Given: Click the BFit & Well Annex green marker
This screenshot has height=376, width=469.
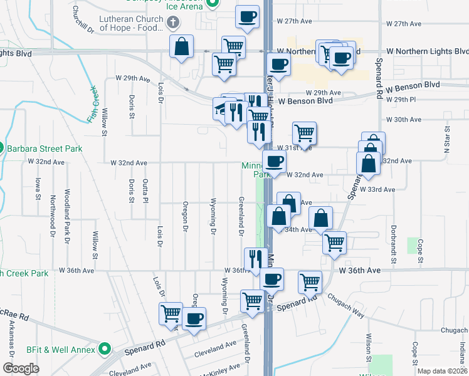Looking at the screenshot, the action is pyautogui.click(x=105, y=348).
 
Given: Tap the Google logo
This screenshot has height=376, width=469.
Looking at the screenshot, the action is pyautogui.click(x=21, y=368).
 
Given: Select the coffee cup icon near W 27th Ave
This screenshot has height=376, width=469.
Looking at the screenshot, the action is pyautogui.click(x=248, y=17).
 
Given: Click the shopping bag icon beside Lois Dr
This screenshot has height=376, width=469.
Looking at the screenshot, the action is pyautogui.click(x=181, y=47).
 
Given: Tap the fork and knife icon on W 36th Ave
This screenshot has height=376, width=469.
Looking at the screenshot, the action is pyautogui.click(x=255, y=258).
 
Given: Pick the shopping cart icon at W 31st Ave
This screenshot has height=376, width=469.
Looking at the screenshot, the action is pyautogui.click(x=304, y=132).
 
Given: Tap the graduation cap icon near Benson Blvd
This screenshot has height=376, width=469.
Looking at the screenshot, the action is pyautogui.click(x=221, y=108).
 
